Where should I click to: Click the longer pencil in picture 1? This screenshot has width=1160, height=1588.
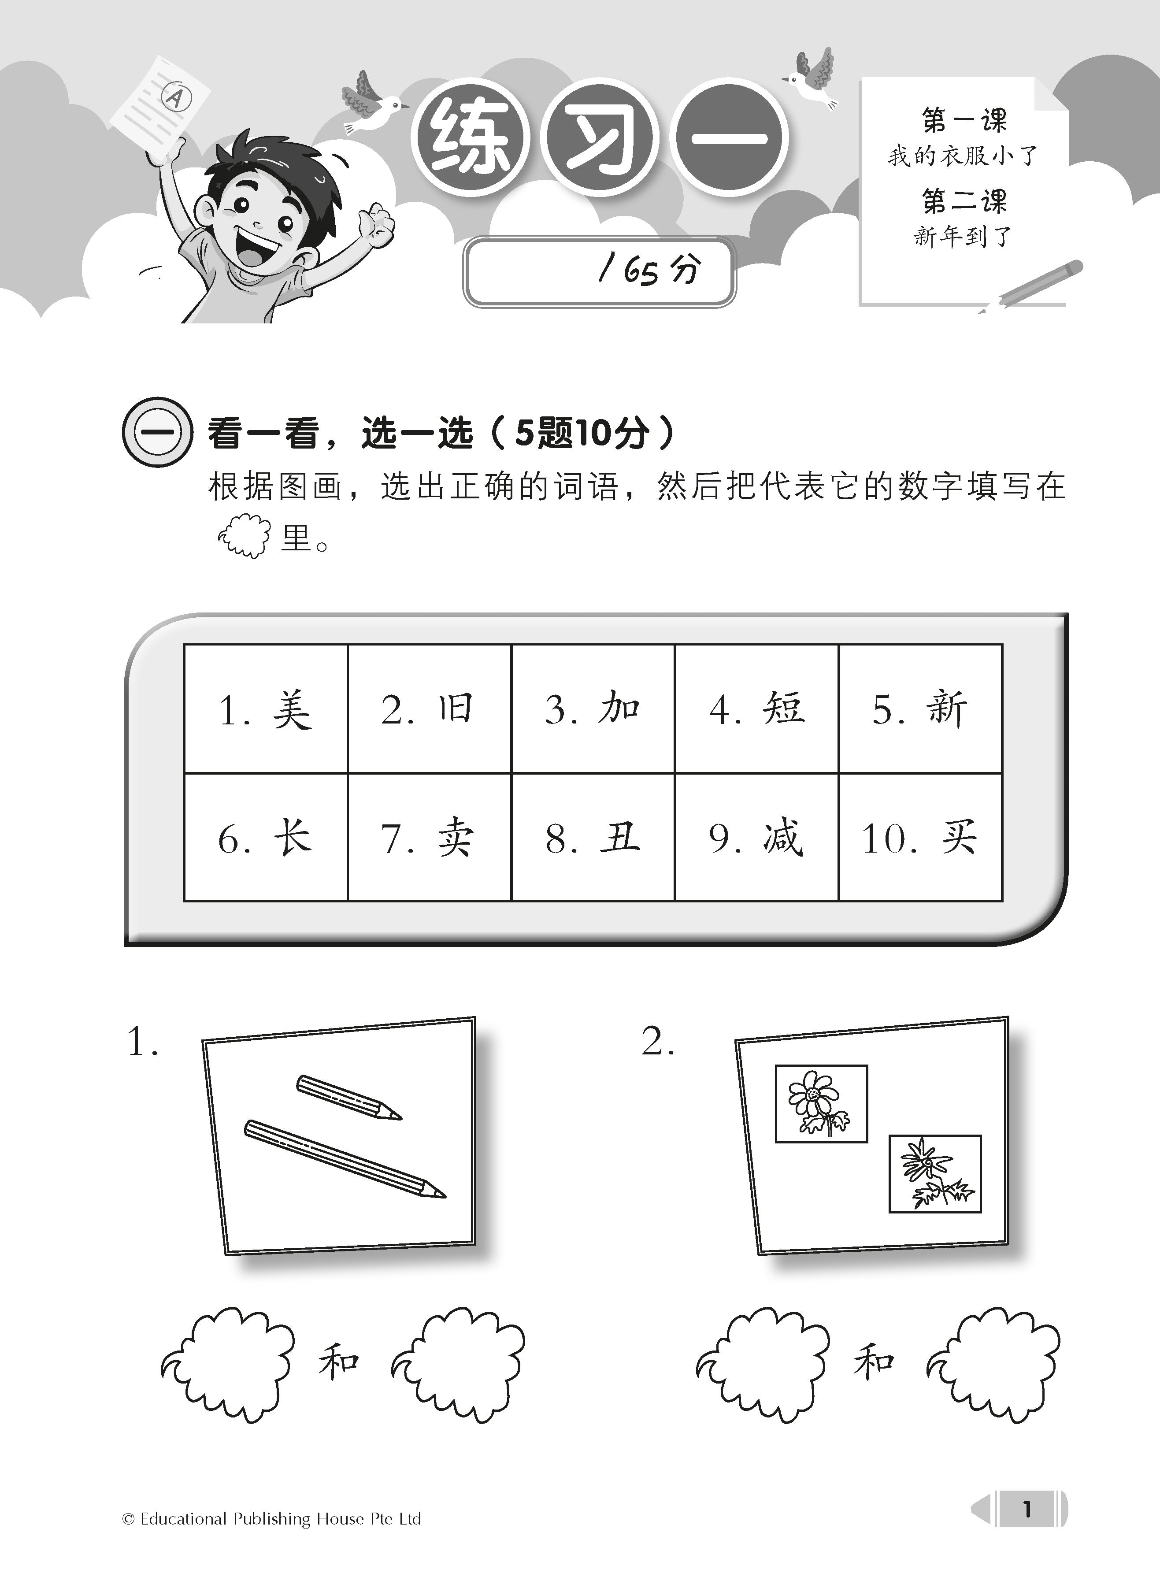pos(344,1159)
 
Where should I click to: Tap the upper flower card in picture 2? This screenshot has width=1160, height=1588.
pos(821,1103)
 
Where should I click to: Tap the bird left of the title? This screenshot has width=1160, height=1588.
pos(370,104)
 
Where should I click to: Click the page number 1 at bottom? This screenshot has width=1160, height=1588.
pos(1027,1509)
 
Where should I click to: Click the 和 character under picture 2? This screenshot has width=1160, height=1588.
pos(874,1362)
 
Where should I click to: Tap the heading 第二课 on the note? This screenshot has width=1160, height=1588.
pos(964,201)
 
